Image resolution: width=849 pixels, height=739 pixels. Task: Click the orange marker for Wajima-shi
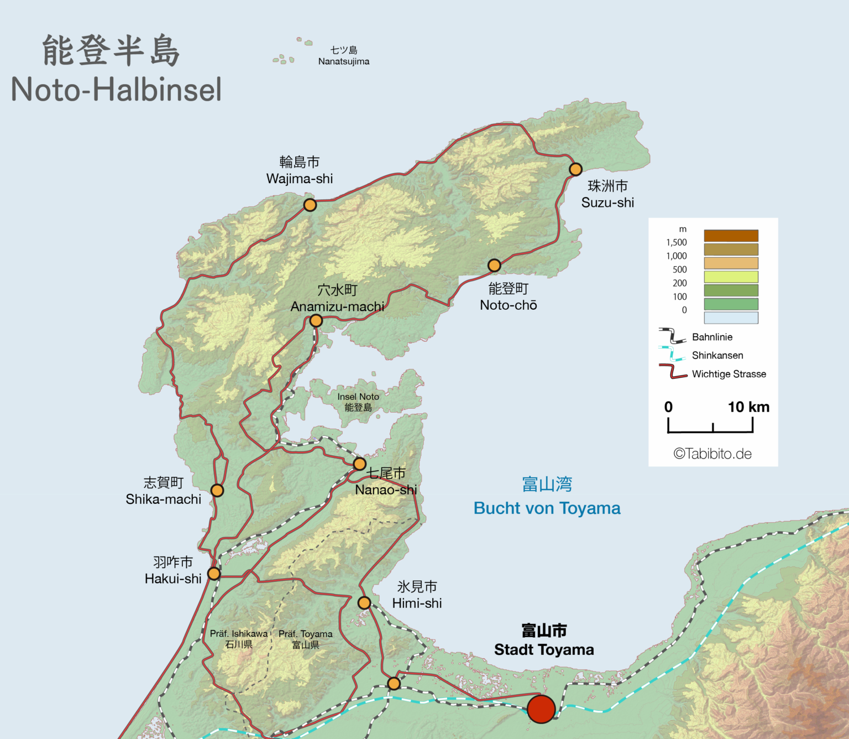310,205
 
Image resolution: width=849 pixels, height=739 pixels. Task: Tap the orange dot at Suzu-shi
575,169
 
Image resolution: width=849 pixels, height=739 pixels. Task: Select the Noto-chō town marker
494,266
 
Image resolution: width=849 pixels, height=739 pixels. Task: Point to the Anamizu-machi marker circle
316,321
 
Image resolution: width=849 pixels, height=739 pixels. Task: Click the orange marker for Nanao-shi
359,464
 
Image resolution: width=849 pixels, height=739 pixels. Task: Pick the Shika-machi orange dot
217,491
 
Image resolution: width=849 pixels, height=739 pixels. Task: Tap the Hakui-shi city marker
214,574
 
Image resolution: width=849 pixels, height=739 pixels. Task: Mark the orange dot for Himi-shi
364,603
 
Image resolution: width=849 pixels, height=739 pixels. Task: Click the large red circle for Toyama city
541,709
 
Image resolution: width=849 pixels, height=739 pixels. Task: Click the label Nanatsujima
344,61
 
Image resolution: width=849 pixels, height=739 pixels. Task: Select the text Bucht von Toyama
547,508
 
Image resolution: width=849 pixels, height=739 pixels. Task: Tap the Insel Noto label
358,397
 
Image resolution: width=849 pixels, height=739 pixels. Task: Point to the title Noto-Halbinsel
116,90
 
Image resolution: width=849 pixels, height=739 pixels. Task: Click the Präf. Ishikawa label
239,634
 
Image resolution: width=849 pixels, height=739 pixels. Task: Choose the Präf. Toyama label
306,634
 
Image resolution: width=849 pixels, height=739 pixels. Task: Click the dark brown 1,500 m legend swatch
731,236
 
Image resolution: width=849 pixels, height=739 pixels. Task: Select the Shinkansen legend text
717,355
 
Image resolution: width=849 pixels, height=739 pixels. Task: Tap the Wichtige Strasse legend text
729,374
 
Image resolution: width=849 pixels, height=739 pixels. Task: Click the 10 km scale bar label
748,407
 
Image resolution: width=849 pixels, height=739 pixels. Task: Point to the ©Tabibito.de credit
712,454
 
